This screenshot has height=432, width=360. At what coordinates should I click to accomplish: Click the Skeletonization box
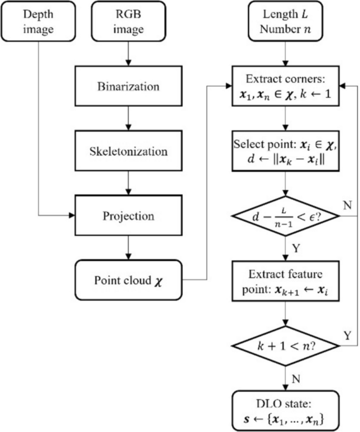click(128, 151)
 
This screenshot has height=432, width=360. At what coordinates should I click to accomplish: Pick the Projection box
click(128, 215)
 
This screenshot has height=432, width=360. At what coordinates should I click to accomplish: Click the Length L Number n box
click(285, 23)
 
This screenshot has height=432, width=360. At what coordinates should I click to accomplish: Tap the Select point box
click(285, 151)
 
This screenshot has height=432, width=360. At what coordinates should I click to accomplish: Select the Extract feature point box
click(285, 279)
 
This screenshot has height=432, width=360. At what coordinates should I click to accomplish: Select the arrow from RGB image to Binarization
click(128, 55)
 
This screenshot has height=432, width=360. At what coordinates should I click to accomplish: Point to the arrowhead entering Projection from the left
click(72, 215)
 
